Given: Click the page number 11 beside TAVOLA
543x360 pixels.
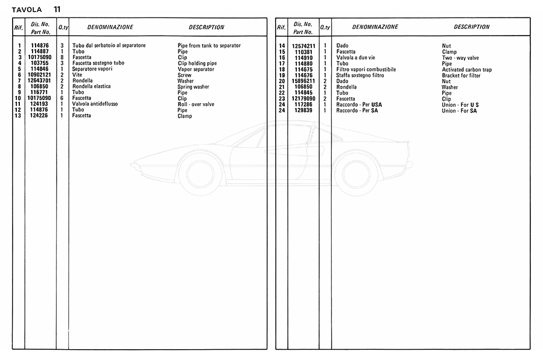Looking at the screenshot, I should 56,9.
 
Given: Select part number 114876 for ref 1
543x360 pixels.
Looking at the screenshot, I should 40,46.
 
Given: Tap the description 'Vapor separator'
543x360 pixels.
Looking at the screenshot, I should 196,69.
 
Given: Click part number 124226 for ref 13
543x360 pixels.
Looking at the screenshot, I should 40,116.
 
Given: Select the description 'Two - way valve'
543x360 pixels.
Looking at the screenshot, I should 460,58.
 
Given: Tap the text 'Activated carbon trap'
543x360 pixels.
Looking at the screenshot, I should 466,70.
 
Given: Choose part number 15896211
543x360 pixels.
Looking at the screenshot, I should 305,81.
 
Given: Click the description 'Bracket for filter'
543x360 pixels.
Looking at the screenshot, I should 461,75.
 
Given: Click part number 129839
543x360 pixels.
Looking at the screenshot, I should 305,110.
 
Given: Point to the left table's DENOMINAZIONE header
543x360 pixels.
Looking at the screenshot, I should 110,27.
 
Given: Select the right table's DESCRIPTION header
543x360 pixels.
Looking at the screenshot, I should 472,27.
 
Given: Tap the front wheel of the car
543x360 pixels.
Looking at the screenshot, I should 200,172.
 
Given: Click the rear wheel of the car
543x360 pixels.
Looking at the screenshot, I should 356,172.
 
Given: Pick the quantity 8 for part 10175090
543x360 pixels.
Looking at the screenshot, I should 62,58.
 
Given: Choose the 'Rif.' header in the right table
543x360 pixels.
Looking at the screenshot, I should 281,28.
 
